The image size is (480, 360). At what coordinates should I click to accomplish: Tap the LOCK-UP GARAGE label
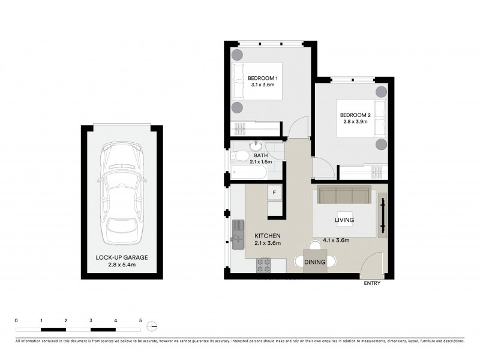point(121,257)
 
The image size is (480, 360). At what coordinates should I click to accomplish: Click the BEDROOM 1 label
point(263,79)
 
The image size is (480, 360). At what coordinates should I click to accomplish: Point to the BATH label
point(260,155)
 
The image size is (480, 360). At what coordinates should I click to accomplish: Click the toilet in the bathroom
point(241,156)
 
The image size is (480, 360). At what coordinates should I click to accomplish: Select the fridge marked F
point(274,193)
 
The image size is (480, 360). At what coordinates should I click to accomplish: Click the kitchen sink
point(238,233)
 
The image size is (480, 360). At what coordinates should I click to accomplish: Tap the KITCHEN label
point(266,236)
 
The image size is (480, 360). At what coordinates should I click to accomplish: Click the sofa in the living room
point(344,196)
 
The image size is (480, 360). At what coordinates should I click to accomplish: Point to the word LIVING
point(344,220)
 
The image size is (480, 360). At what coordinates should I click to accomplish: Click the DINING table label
point(315,262)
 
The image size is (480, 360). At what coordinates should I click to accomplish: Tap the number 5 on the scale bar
point(140,321)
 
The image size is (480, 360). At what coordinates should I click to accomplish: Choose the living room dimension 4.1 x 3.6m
point(336,240)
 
